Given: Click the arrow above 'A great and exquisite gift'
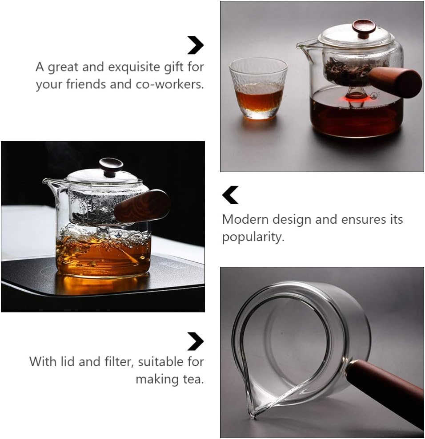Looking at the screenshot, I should [x=195, y=45].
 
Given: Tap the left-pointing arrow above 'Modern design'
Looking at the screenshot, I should [x=230, y=195].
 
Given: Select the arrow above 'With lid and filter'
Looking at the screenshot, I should [x=195, y=341].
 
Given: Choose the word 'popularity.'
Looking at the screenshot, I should [x=253, y=237].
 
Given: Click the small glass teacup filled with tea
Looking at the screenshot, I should [x=258, y=89].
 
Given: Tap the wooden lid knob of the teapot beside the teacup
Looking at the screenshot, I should [x=364, y=28].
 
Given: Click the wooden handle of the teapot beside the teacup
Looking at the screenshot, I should [x=395, y=82].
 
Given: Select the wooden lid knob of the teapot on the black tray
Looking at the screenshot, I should [x=111, y=166].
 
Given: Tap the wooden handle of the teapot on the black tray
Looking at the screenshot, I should [x=142, y=206].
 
